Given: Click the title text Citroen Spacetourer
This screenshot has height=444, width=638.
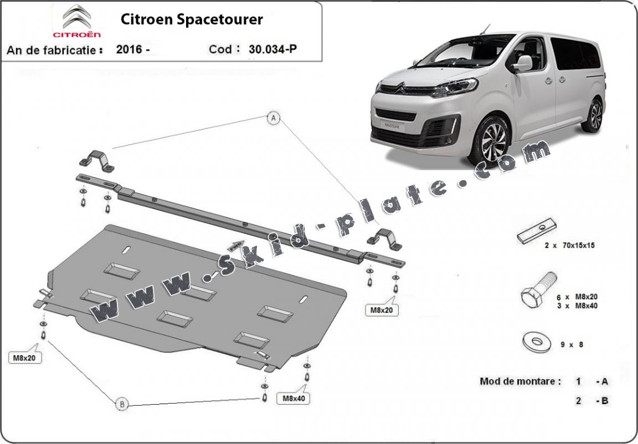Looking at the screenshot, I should [192, 20].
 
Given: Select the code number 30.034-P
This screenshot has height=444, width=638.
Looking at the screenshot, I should [272, 49].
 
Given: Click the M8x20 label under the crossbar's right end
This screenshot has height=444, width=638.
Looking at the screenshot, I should [382, 310].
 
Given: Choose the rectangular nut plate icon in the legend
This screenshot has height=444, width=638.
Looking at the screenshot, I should [536, 231].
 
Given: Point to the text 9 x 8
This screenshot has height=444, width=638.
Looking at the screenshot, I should [572, 344].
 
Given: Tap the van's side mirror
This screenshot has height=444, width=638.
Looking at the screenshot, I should [522, 64].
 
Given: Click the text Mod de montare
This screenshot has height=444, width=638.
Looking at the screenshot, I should [520, 381].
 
